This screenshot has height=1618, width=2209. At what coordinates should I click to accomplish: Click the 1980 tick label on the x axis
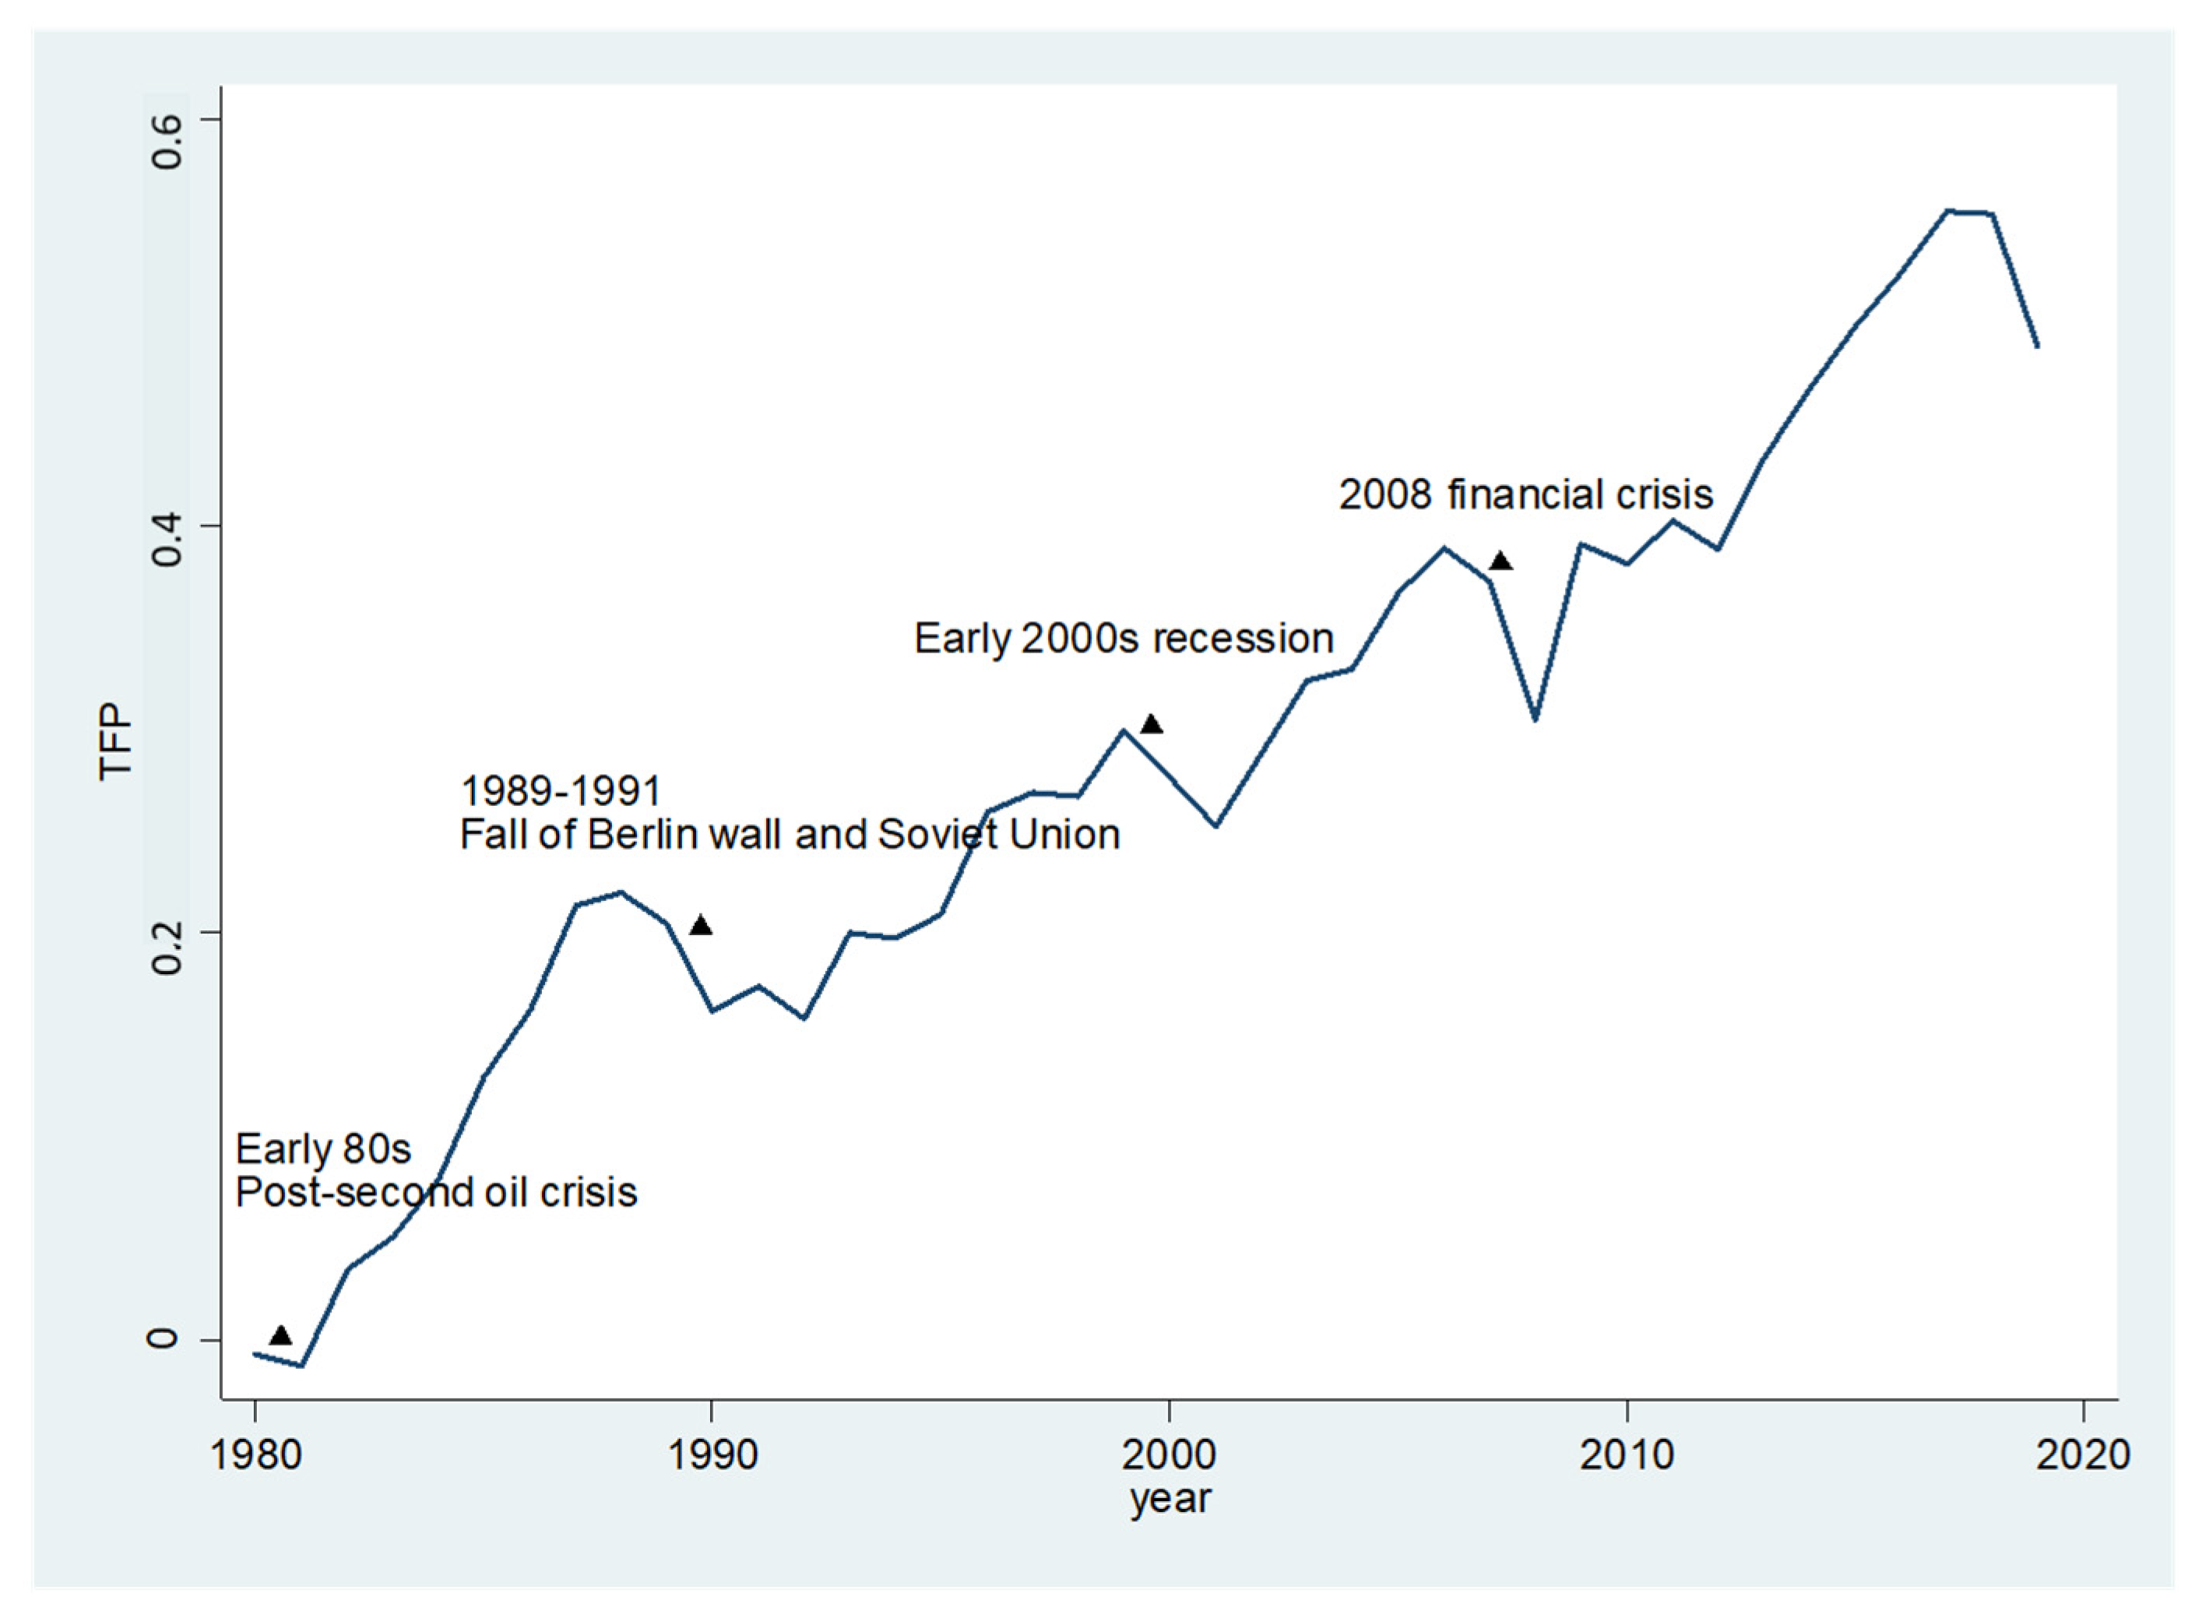(255, 1455)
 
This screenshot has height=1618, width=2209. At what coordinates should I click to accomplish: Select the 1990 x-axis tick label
(712, 1455)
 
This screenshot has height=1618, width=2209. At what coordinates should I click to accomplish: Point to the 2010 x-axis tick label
(1627, 1455)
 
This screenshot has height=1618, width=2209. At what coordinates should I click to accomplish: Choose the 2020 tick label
(2083, 1455)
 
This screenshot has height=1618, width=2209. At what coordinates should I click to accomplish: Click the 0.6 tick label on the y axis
(167, 140)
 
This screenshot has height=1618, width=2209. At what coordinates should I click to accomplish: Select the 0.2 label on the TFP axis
(167, 946)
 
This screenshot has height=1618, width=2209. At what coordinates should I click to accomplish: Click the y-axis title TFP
(114, 741)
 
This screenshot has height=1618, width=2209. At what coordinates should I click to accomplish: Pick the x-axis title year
(1170, 1500)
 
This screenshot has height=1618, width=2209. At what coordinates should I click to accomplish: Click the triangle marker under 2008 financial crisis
(1500, 561)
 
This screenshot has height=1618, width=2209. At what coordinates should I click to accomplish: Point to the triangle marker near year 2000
(1152, 725)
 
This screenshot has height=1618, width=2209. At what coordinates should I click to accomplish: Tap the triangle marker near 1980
(281, 1335)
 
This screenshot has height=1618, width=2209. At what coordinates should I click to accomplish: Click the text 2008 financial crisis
(1525, 494)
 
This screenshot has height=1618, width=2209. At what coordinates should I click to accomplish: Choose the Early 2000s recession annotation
(1123, 638)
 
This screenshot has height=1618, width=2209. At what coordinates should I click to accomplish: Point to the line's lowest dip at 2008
(1535, 719)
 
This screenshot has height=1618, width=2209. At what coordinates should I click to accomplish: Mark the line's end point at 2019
(2037, 346)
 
